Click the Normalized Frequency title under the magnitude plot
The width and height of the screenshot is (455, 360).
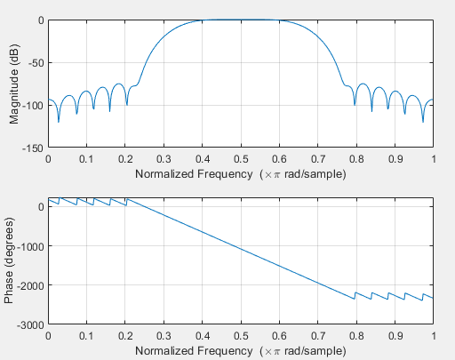click(241, 174)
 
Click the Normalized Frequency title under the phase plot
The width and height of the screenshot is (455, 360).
click(241, 352)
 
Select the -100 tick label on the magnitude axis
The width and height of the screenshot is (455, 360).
click(32, 106)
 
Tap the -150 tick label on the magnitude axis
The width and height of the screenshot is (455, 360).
click(32, 148)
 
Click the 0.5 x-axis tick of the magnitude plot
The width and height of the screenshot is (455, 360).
click(241, 158)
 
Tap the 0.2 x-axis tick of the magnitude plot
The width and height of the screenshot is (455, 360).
click(125, 158)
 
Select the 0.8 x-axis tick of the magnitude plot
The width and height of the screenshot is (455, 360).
click(356, 158)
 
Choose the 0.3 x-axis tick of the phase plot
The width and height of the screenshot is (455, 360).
click(164, 337)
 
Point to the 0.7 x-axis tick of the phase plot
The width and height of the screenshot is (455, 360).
click(318, 337)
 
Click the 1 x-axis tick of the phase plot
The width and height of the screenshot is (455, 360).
click(433, 337)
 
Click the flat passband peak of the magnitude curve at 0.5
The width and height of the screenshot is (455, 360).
click(241, 20)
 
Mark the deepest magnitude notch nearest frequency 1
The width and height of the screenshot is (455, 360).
click(422, 121)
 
